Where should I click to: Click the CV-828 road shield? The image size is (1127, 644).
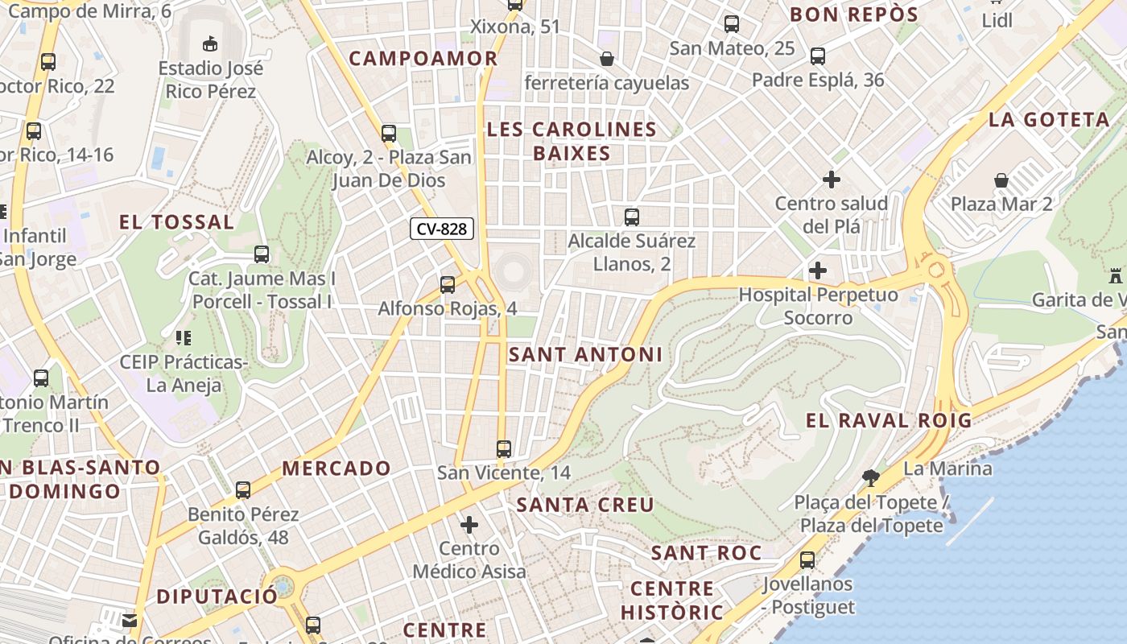point(442,229)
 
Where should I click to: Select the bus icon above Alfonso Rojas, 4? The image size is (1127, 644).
point(447,284)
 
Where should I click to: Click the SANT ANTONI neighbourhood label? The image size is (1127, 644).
point(586,354)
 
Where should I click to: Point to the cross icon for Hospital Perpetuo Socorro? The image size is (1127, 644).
point(818,270)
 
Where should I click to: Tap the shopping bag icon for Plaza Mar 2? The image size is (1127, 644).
point(1001,180)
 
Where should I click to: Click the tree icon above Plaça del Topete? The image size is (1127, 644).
point(870,477)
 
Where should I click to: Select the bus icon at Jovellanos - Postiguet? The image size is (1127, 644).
point(807,559)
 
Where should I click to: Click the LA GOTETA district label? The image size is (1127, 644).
point(1049,120)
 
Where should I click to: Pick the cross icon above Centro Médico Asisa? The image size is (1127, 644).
point(469,526)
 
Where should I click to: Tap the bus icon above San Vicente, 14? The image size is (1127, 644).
point(504,448)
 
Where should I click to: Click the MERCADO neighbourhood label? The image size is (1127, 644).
point(336,468)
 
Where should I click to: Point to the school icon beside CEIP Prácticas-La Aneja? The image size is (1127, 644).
point(183,337)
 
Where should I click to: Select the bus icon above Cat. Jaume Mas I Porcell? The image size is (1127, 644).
point(262,254)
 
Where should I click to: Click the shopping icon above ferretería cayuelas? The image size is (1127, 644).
point(607,59)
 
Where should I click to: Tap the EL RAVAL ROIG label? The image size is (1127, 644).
point(889,420)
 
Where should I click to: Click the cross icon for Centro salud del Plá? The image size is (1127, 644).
point(832,179)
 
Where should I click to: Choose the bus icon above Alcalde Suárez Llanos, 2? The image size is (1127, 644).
point(632,217)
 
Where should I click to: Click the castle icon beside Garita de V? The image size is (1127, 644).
point(1115,276)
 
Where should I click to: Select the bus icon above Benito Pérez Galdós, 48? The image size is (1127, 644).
point(243,489)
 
